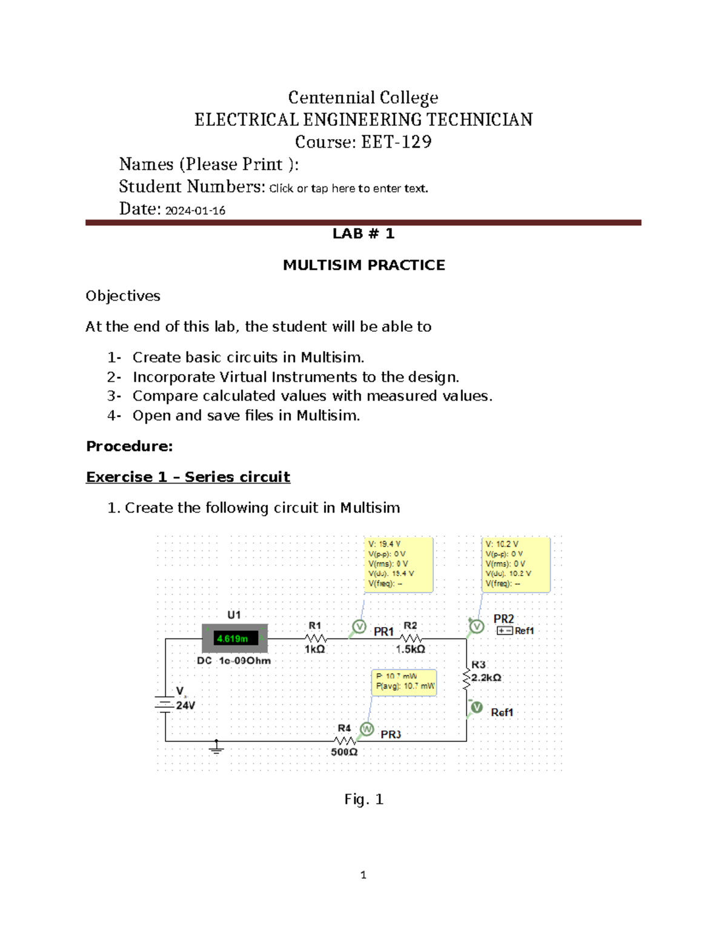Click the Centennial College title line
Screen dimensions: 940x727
click(x=363, y=97)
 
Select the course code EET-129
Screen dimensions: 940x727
click(x=396, y=142)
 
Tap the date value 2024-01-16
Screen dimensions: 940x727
click(x=195, y=211)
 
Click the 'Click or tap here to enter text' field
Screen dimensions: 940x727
click(x=348, y=188)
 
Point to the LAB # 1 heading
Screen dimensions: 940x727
click(x=363, y=234)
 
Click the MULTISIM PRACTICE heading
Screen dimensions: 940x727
click(x=363, y=265)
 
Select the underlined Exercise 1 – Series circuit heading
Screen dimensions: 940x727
click(x=188, y=477)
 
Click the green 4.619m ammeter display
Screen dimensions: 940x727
click(x=233, y=639)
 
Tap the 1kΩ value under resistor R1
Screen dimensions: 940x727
click(x=314, y=649)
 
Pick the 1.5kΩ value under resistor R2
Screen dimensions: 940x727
click(x=410, y=649)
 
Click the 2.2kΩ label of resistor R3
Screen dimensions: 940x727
click(x=486, y=678)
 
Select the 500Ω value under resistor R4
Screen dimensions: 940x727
click(x=344, y=752)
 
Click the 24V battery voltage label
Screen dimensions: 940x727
click(x=185, y=706)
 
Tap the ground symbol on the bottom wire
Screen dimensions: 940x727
click(x=216, y=749)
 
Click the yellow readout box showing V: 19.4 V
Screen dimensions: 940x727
click(x=398, y=564)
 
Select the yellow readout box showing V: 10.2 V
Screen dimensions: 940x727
click(x=516, y=564)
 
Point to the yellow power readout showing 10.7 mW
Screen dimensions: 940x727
click(x=404, y=682)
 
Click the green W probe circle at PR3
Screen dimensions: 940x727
click(x=367, y=729)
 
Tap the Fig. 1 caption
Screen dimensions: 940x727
click(x=363, y=800)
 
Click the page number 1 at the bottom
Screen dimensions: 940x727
click(x=363, y=875)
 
